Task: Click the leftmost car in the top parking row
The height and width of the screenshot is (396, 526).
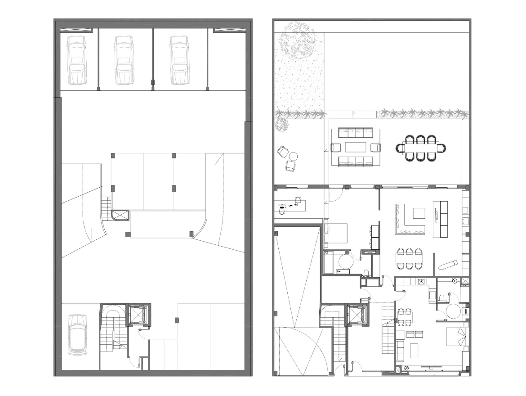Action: pos(76,60)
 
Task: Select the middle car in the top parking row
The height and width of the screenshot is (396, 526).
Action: pos(124,60)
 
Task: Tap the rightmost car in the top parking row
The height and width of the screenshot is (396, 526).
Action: pos(179,60)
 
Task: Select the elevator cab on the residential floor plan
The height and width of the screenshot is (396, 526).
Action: pos(357,315)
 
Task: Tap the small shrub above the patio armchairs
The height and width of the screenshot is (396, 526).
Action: pos(282,125)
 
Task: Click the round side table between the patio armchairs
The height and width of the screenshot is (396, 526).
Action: pos(294,157)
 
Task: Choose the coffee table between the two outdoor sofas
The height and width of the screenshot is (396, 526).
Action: pos(356,147)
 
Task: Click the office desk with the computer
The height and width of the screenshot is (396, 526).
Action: pos(290,206)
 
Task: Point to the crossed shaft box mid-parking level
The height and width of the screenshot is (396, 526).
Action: pos(120,215)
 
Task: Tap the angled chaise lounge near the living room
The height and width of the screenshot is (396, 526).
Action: pos(448,264)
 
